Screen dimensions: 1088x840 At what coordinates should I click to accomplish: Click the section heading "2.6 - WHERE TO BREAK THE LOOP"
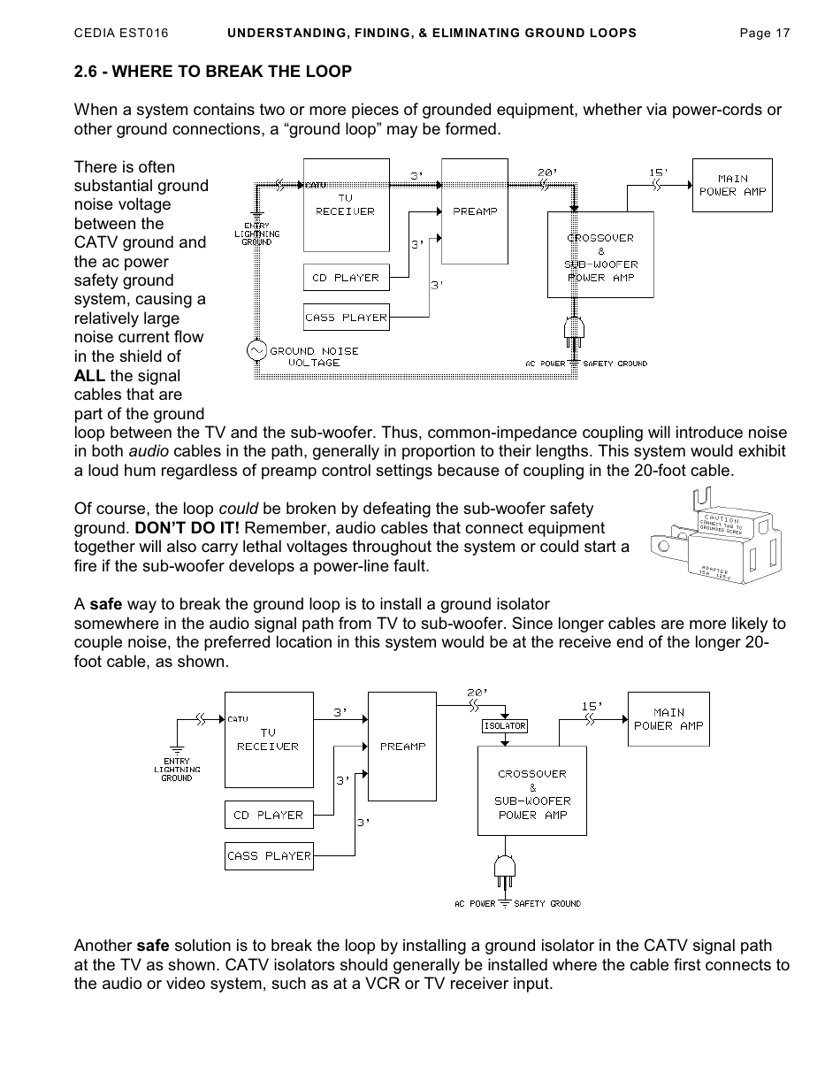(212, 72)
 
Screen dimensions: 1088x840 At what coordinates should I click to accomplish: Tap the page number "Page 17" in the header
(764, 33)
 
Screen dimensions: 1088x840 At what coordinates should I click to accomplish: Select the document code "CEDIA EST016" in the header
(121, 33)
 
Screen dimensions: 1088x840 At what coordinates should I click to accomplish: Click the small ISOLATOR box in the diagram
(504, 726)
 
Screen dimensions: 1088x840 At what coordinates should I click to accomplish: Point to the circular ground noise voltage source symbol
(256, 351)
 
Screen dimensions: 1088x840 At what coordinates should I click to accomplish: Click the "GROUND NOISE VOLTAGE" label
(314, 356)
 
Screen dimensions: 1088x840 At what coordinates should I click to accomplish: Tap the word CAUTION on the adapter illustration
(722, 519)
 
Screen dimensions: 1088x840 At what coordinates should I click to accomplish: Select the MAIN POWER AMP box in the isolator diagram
(668, 719)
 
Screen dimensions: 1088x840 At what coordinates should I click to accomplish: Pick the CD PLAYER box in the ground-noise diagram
(346, 278)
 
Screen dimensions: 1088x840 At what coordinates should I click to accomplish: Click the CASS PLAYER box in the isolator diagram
(269, 855)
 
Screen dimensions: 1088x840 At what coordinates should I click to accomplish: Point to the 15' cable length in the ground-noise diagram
(659, 172)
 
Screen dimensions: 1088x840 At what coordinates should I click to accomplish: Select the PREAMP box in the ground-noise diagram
(475, 211)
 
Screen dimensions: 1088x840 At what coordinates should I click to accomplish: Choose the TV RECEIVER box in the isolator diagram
(269, 739)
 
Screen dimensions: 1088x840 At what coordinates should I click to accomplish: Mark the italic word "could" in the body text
(238, 509)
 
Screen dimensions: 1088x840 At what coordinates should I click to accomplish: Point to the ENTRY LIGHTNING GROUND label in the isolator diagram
(177, 770)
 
